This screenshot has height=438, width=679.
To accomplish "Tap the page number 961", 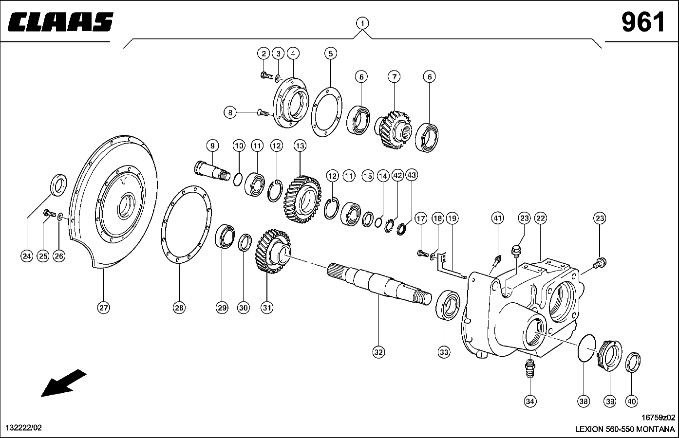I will [x=642, y=22].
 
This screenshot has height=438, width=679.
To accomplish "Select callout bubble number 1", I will [x=362, y=23].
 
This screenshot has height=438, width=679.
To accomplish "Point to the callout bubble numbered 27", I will [x=103, y=308].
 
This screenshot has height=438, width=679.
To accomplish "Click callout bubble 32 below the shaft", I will [x=378, y=351].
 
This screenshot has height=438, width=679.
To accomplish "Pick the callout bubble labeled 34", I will [x=530, y=401].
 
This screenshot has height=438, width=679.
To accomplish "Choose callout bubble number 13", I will [x=300, y=146].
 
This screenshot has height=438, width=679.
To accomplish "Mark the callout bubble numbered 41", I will [x=497, y=218].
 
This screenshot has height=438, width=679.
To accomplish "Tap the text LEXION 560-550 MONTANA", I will [x=625, y=429].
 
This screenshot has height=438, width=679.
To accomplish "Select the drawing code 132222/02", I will [x=23, y=428].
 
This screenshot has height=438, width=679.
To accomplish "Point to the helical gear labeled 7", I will [x=393, y=129].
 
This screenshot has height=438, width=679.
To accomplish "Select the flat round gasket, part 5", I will [x=327, y=112].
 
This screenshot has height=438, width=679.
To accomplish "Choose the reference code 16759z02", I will [x=658, y=418].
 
